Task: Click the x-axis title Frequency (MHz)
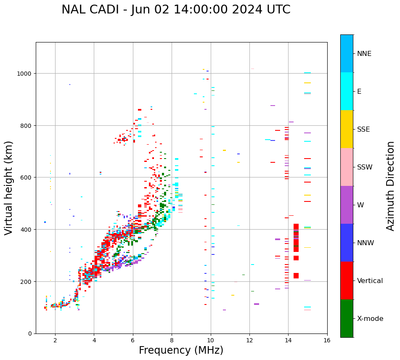[x=181, y=350]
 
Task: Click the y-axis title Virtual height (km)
[x=9, y=188]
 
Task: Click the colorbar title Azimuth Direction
[x=391, y=186]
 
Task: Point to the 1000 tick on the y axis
[x=26, y=74]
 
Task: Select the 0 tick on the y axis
[x=30, y=334]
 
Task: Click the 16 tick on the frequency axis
[x=327, y=341]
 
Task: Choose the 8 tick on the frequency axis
[x=172, y=341]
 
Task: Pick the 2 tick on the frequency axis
[x=55, y=341]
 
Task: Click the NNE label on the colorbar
[x=364, y=54]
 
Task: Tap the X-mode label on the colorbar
[x=370, y=319]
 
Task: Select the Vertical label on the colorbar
[x=370, y=281]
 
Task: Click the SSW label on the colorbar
[x=365, y=167]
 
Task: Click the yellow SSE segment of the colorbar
[x=347, y=129]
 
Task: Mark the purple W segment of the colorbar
[x=347, y=205]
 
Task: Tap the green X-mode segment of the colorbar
[x=347, y=318]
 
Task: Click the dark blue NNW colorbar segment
[x=347, y=243]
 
